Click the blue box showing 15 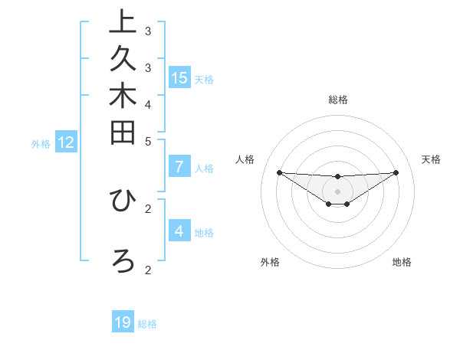179,77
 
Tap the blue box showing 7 179,166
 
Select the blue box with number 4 179,231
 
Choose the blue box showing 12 66,142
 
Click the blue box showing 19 123,322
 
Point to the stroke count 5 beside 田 148,141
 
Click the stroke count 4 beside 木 148,103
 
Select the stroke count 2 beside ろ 148,269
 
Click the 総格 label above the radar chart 337,100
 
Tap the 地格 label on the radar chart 402,262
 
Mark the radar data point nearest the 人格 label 279,172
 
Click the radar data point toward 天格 396,172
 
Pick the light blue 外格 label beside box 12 41,143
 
